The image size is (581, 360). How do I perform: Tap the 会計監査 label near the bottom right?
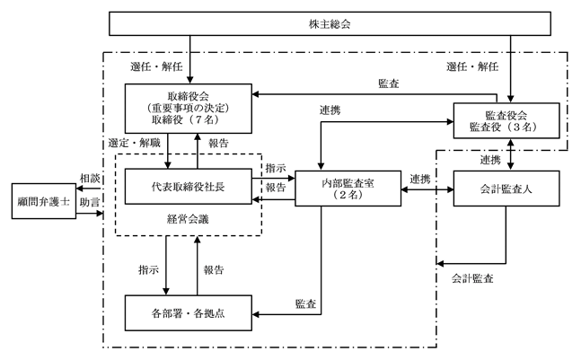coord(471,279)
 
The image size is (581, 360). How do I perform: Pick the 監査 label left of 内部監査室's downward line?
coord(304,303)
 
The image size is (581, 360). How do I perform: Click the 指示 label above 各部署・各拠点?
coord(148,268)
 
